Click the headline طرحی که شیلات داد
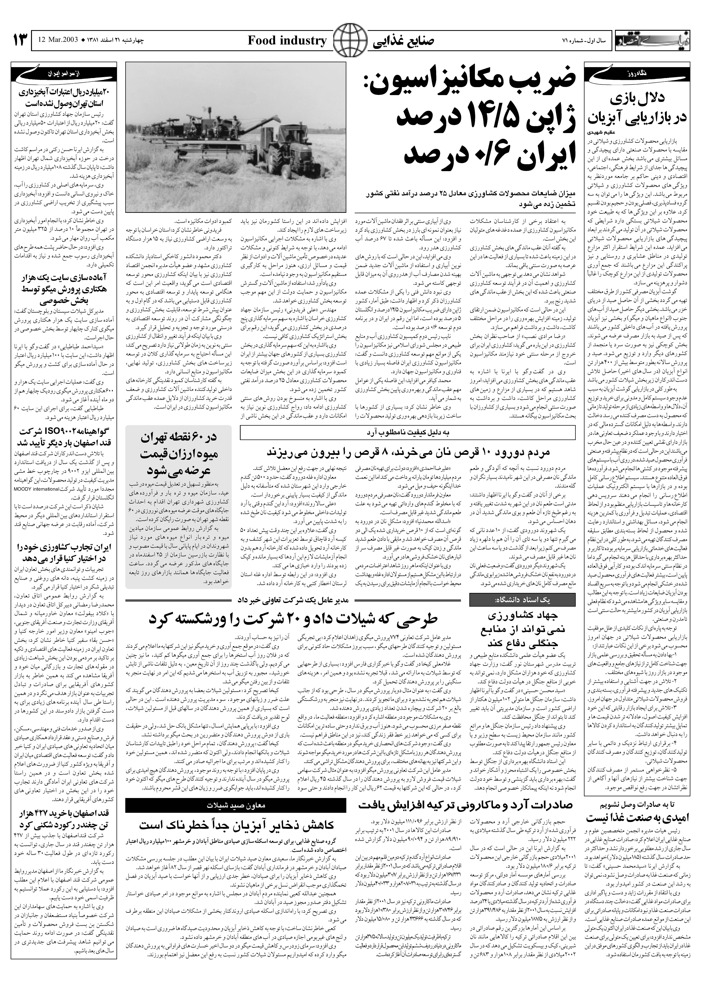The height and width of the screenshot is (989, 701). (x=294, y=619)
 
